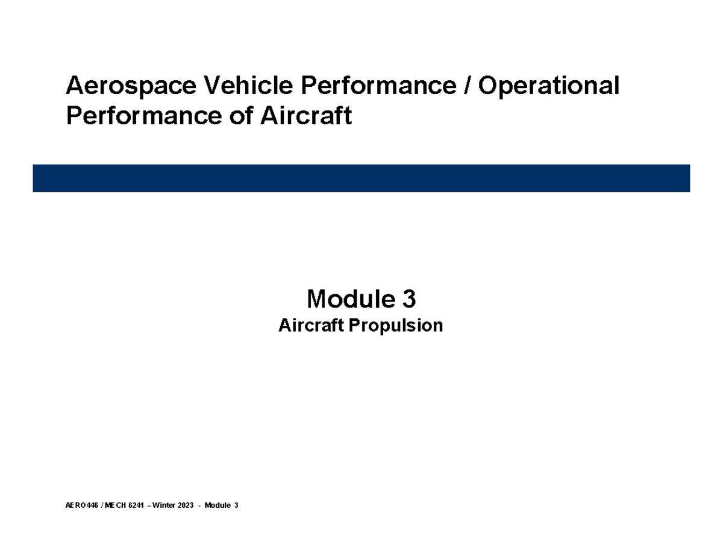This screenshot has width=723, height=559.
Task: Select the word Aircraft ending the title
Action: tap(305, 116)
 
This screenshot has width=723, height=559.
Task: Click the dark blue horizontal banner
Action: tap(361, 178)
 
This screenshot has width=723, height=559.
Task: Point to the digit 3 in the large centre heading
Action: tap(408, 298)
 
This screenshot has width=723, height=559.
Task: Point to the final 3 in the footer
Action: tap(237, 505)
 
